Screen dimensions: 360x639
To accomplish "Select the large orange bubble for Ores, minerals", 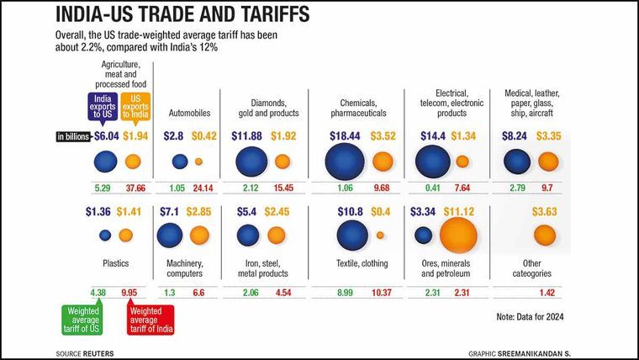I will click(457, 235).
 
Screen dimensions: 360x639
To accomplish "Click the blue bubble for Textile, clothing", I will click(352, 236).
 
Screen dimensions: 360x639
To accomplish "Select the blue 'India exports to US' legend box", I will click(103, 108).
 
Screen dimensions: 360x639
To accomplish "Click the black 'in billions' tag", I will click(73, 136).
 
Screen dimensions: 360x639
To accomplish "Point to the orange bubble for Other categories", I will click(545, 236).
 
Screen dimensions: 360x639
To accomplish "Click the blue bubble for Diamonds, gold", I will click(250, 161).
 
